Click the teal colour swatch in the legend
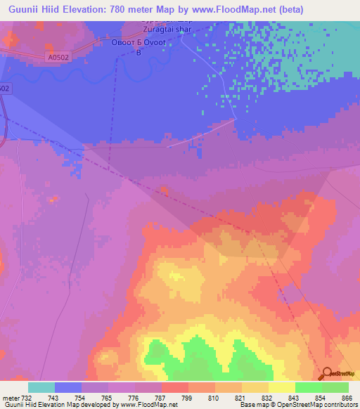click(x=41, y=387)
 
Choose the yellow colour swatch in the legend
click(x=282, y=387)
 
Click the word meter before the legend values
click(x=11, y=397)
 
